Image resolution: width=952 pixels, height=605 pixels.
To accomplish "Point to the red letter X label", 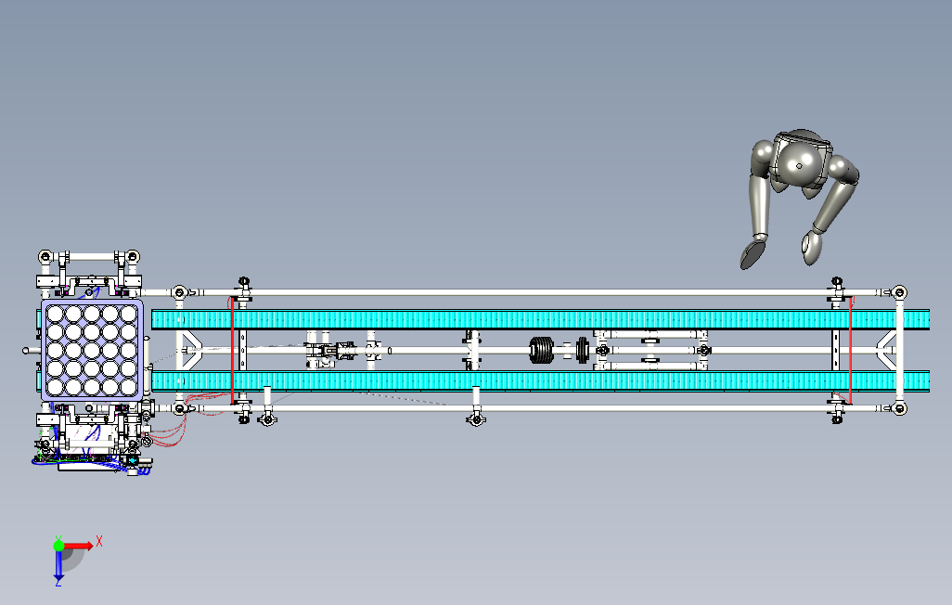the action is pyautogui.click(x=99, y=539).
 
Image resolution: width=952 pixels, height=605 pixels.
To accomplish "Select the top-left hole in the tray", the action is pyautogui.click(x=54, y=314).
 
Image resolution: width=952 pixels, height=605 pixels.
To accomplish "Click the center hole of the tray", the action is pyautogui.click(x=92, y=349).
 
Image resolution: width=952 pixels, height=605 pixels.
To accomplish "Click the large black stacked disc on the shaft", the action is pyautogui.click(x=541, y=350).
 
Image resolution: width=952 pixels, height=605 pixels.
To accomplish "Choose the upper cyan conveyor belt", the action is pyautogui.click(x=538, y=319).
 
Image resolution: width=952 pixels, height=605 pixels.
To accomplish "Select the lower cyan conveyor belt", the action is pyautogui.click(x=538, y=380).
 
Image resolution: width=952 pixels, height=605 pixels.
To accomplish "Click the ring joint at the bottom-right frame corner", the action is pyautogui.click(x=898, y=408).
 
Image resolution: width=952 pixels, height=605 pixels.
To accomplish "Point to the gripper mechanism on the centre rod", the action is pyautogui.click(x=329, y=352).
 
